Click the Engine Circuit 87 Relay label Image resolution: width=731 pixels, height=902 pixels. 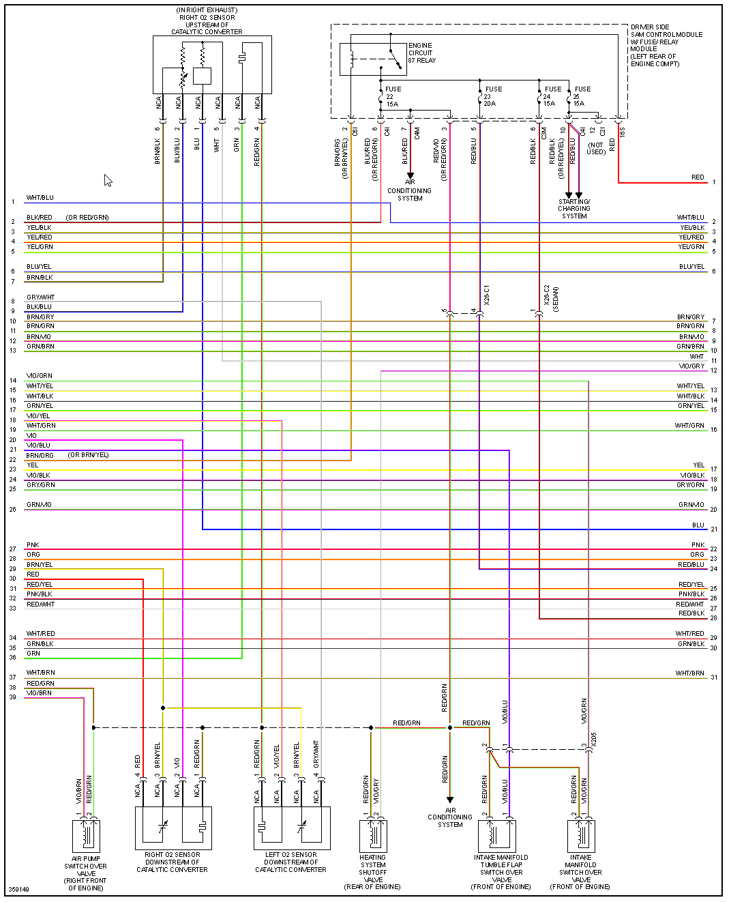pyautogui.click(x=421, y=53)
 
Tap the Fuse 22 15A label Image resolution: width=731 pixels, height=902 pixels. pyautogui.click(x=392, y=96)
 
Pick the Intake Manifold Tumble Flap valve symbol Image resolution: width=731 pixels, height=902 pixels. pyautogui.click(x=496, y=835)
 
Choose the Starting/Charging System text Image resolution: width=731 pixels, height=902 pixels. pyautogui.click(x=574, y=209)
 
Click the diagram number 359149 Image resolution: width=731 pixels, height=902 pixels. pyautogui.click(x=19, y=889)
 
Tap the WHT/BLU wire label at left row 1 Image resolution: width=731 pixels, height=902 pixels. pyautogui.click(x=40, y=198)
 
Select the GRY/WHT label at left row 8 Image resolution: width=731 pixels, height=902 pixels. pyautogui.click(x=40, y=297)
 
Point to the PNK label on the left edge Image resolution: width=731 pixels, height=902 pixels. pyautogui.click(x=33, y=545)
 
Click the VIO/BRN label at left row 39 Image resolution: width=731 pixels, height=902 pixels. pyautogui.click(x=39, y=693)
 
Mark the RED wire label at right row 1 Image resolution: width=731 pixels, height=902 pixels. pyautogui.click(x=698, y=177)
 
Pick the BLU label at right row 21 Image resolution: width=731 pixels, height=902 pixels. pyautogui.click(x=698, y=525)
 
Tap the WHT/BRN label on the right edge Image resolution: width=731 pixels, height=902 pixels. pyautogui.click(x=690, y=673)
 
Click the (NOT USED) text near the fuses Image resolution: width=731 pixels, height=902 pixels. pyautogui.click(x=596, y=148)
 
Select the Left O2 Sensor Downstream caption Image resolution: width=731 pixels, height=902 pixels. pyautogui.click(x=290, y=862)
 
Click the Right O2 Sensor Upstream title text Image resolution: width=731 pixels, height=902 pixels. pyautogui.click(x=207, y=21)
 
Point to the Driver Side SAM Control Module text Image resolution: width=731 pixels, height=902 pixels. pyautogui.click(x=666, y=45)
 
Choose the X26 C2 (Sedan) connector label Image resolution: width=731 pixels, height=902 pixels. pyautogui.click(x=551, y=298)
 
